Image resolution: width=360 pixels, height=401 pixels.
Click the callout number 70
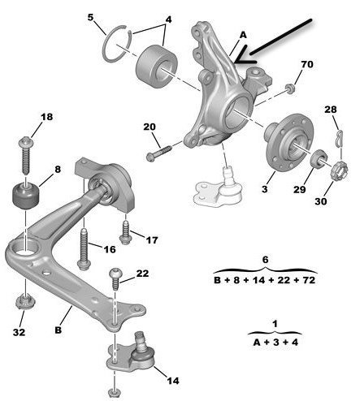307,64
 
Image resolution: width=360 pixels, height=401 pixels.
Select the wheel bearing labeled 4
156,67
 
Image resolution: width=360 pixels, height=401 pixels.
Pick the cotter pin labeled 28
339,139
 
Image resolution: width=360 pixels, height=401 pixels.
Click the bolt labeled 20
158,153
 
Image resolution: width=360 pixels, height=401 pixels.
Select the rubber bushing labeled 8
26,196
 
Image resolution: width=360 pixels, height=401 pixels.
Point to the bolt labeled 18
26,155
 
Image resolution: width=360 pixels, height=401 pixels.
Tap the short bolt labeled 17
126,232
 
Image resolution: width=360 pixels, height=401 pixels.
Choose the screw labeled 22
115,278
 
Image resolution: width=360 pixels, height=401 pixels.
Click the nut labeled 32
24,303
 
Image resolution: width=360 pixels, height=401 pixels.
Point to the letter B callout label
58,330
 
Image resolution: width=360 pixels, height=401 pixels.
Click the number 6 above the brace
265,260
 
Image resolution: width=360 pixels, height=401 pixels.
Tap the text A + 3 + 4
275,343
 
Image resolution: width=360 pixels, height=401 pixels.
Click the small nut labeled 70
290,88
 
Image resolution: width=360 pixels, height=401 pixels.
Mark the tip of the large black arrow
235,63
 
